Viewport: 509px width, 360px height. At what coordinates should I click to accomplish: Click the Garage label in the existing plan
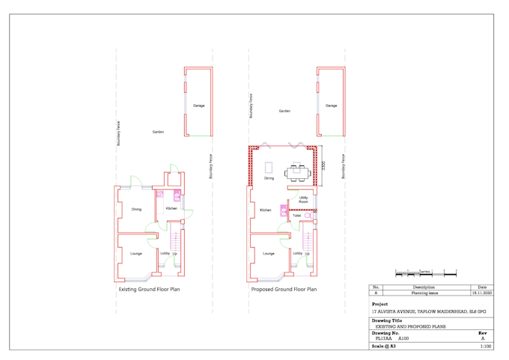(x=198, y=106)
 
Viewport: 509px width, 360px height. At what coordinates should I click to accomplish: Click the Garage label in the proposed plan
(x=331, y=106)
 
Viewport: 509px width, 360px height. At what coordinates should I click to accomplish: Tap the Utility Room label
(x=303, y=200)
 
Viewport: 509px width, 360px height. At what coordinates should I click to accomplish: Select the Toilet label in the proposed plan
(x=296, y=216)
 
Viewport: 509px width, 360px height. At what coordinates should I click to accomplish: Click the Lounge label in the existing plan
(x=136, y=254)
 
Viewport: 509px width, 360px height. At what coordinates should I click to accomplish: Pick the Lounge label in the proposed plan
(x=268, y=254)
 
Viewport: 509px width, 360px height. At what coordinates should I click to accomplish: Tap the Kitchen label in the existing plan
(x=171, y=209)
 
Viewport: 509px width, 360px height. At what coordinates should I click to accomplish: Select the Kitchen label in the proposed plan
(x=265, y=210)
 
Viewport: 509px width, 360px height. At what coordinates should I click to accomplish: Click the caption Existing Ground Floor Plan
(x=149, y=289)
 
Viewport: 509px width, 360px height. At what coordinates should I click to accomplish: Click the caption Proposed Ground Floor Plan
(x=284, y=289)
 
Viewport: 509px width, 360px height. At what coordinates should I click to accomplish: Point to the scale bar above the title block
(x=425, y=274)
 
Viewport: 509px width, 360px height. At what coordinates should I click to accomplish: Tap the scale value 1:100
(x=485, y=347)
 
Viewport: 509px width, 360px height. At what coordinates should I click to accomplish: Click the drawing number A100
(x=403, y=338)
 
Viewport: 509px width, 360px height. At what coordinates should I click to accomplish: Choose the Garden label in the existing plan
(x=158, y=132)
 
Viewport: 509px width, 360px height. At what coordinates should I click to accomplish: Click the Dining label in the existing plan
(x=136, y=209)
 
